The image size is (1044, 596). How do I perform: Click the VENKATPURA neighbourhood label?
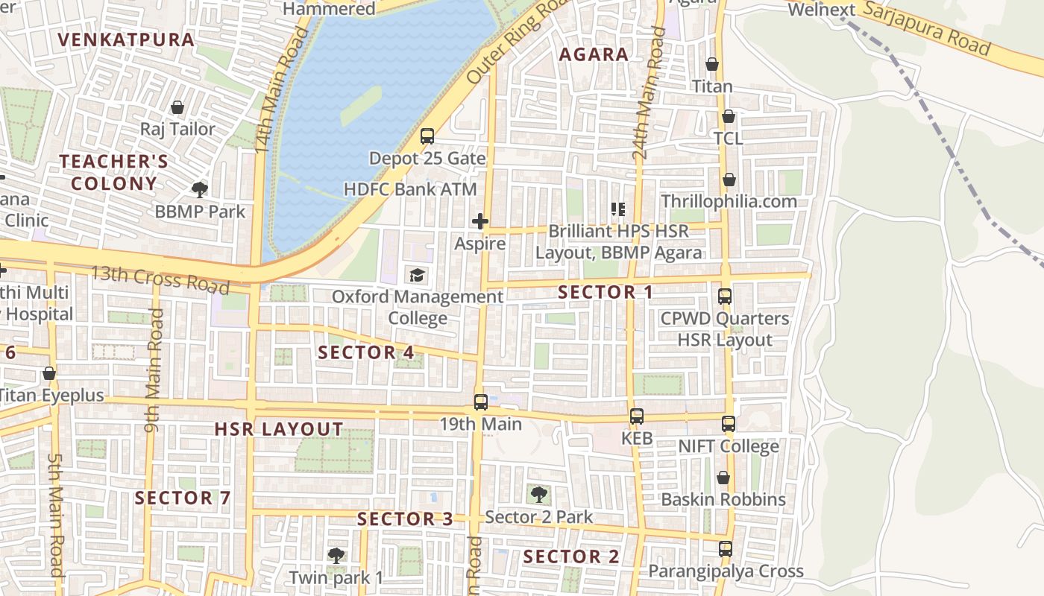(126, 39)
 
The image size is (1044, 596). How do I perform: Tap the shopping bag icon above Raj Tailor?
(177, 108)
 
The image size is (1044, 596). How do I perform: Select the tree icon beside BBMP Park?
(199, 189)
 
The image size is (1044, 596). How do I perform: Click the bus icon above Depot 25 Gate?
(427, 136)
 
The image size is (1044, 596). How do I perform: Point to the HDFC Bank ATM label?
(409, 189)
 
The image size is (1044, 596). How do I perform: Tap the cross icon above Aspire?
(480, 221)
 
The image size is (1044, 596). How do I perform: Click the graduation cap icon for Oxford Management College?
(417, 275)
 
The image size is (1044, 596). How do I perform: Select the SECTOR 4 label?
(366, 352)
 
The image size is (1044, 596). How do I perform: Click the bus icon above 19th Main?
(481, 402)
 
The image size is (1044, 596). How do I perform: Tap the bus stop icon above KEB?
(636, 416)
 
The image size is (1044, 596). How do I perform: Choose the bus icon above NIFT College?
(729, 424)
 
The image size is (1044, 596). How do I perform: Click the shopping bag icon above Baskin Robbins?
(723, 478)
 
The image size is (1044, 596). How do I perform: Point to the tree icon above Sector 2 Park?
(538, 494)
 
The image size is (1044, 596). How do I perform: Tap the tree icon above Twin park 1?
(336, 555)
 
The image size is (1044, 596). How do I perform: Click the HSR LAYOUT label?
(279, 429)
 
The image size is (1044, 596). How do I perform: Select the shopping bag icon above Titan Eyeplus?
(49, 373)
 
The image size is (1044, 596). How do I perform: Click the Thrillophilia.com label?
(729, 201)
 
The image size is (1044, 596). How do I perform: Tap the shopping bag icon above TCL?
(729, 117)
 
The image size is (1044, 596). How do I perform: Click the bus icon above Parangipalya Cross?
(725, 549)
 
